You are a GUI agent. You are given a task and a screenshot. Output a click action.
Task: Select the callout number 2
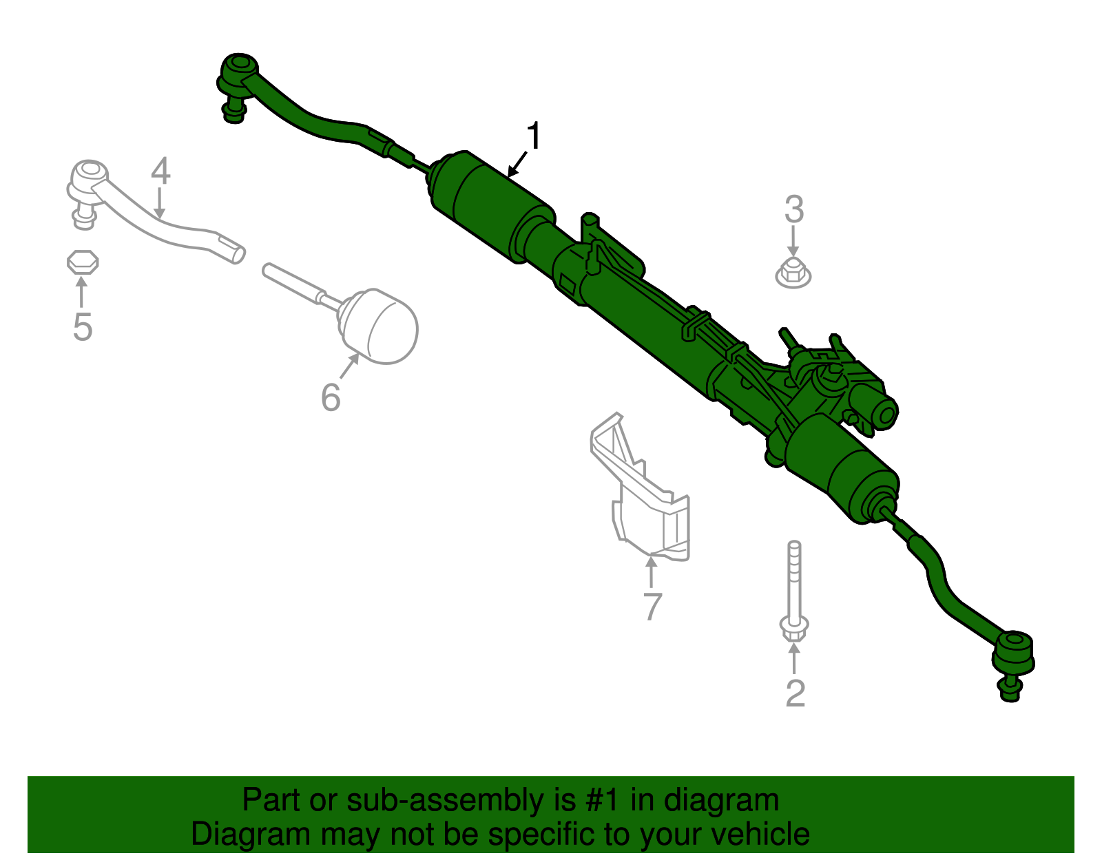(795, 693)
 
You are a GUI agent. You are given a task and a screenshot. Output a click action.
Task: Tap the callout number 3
(794, 209)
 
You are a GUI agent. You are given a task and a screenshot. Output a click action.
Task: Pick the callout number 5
(82, 326)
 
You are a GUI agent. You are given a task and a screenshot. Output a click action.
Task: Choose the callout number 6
(331, 397)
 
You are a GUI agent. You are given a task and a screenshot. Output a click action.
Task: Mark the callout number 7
(652, 606)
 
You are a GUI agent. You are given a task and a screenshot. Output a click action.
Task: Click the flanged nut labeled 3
(793, 273)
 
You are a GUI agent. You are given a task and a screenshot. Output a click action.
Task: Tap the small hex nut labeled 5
(83, 262)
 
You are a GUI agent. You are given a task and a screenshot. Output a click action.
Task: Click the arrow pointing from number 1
(517, 165)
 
